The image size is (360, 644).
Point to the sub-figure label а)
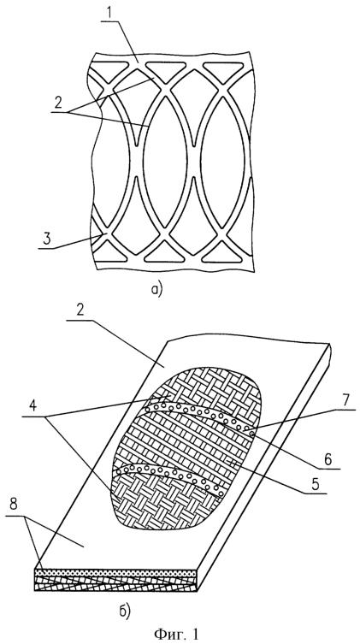[156, 290]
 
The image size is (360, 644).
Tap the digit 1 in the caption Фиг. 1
[195, 634]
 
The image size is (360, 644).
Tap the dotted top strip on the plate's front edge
[114, 572]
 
